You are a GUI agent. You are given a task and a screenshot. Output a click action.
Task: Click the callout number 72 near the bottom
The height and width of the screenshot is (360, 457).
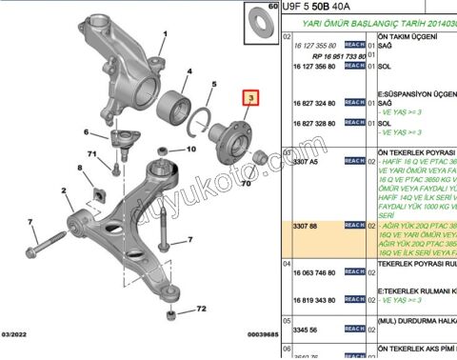pos(201,310)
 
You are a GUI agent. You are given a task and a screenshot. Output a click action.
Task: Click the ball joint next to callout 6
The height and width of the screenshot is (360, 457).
pos(123,145)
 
